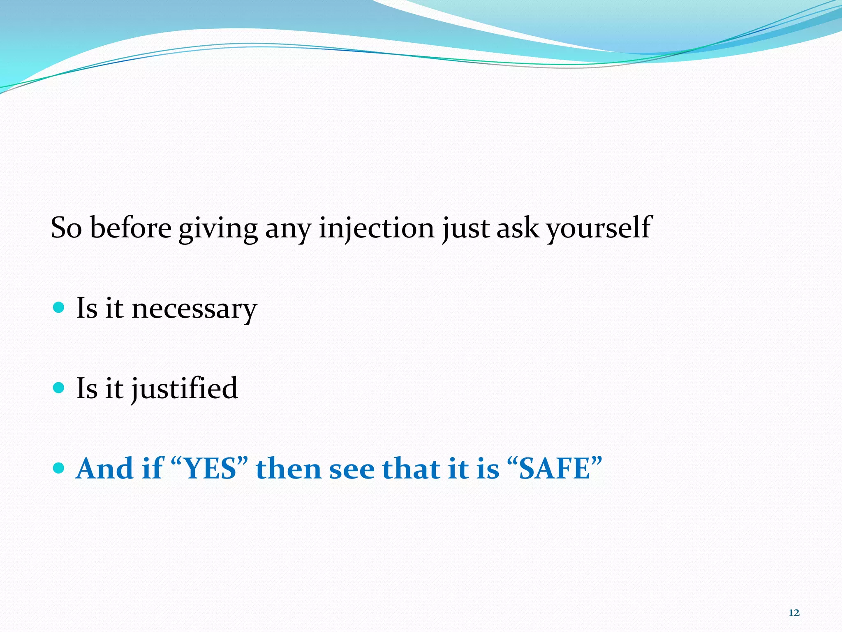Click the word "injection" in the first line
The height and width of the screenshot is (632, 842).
coord(376,228)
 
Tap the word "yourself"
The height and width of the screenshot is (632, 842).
coord(599,228)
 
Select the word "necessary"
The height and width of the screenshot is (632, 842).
coord(194,309)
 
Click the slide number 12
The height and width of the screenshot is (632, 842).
coord(794,613)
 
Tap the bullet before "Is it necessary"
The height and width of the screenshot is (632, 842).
coord(59,307)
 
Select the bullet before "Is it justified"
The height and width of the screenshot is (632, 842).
coord(59,387)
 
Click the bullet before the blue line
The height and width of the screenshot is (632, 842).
coord(59,467)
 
